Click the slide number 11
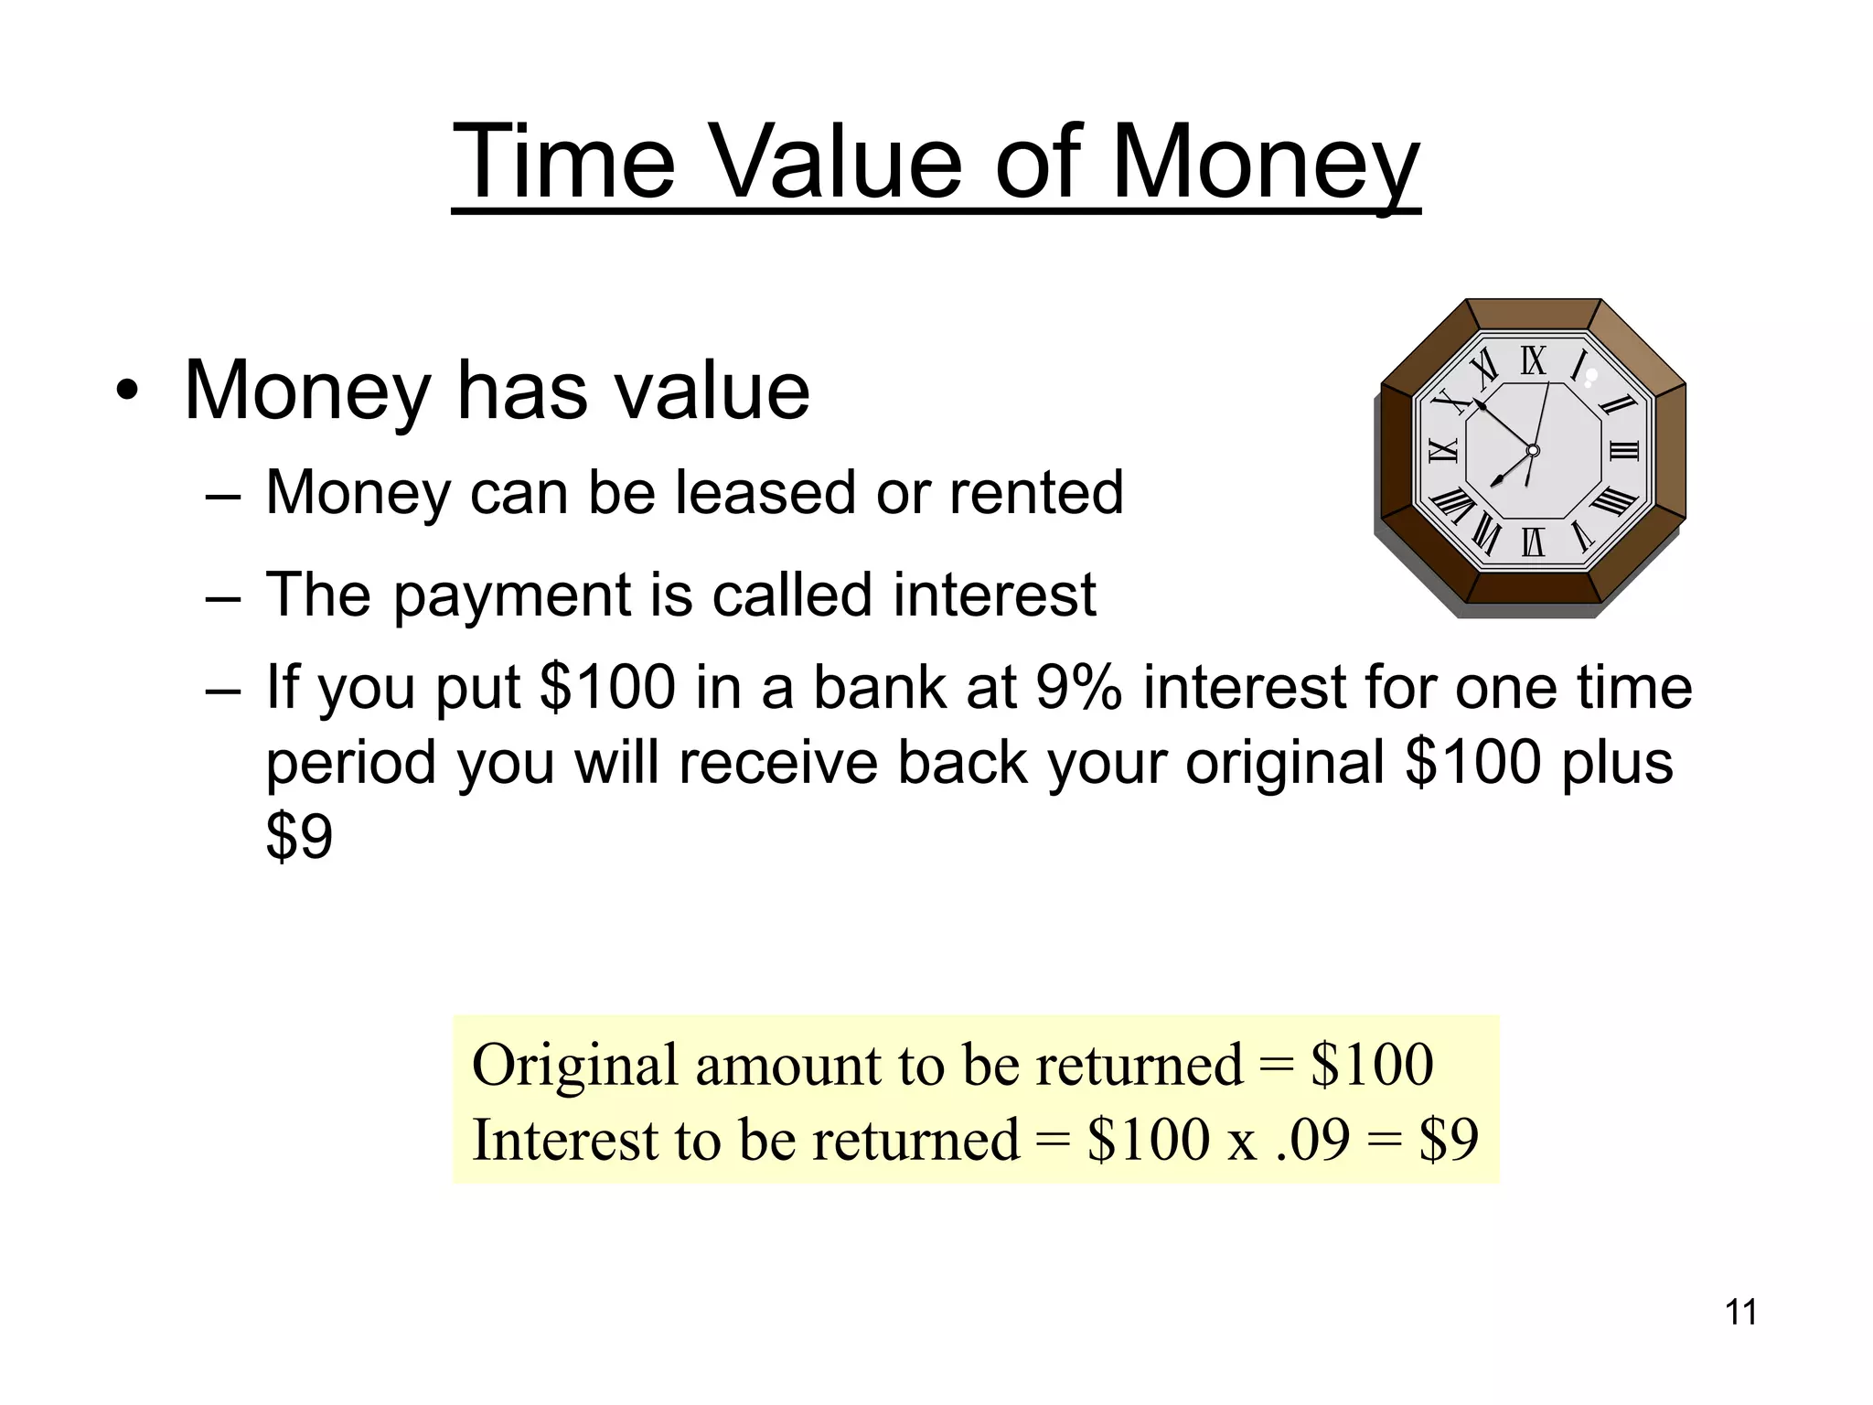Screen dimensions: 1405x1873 pyautogui.click(x=1740, y=1313)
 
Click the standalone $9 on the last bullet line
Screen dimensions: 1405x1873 pyautogui.click(x=299, y=836)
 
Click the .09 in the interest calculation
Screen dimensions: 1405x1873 pyautogui.click(x=1311, y=1140)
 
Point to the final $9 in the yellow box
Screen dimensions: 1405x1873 pyautogui.click(x=1448, y=1140)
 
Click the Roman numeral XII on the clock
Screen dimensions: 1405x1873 pyautogui.click(x=1534, y=361)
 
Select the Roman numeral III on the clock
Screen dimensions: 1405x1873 pyautogui.click(x=1624, y=450)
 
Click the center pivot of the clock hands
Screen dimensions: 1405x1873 pyautogui.click(x=1533, y=451)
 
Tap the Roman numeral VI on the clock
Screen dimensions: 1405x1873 pyautogui.click(x=1533, y=542)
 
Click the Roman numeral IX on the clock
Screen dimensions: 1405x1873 pyautogui.click(x=1442, y=450)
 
